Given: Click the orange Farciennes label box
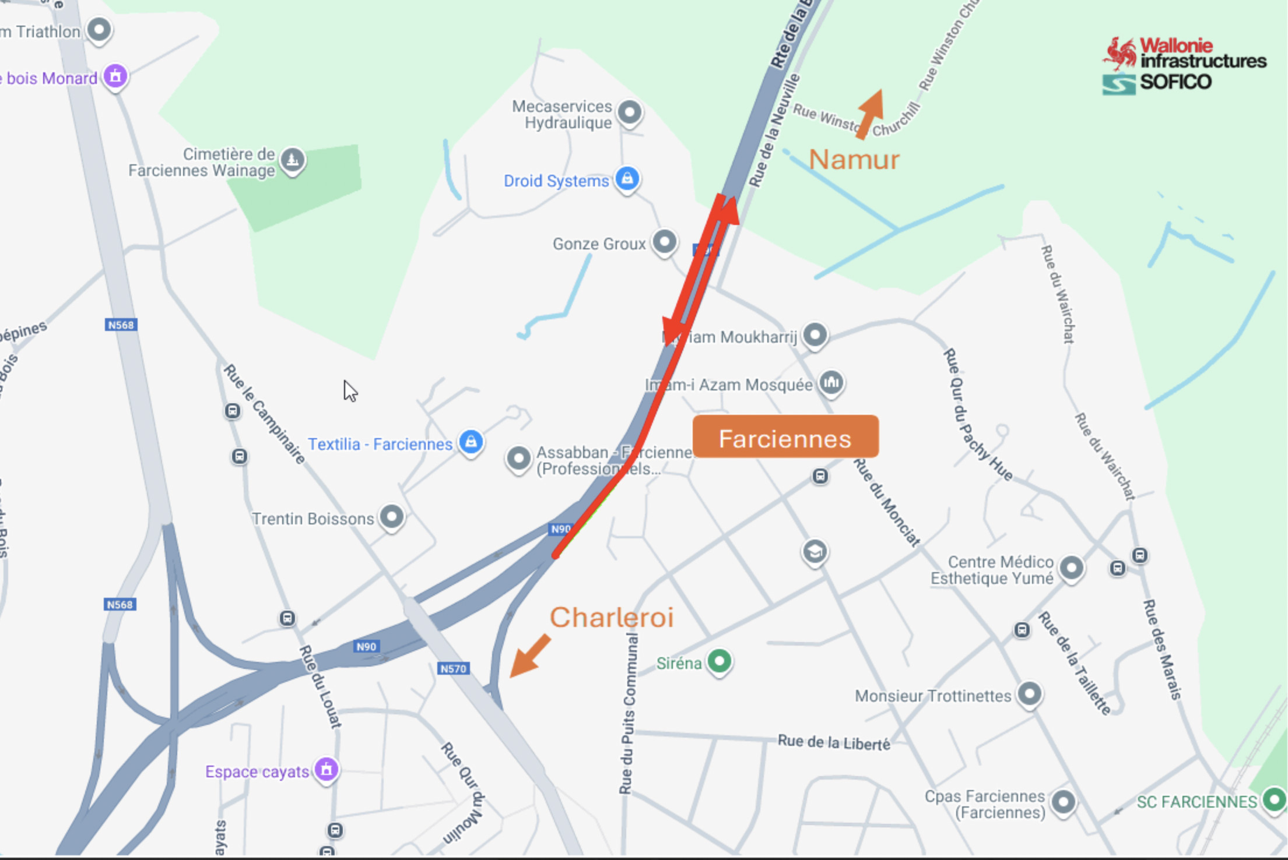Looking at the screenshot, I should tap(785, 437).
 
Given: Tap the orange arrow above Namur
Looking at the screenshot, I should tap(871, 114).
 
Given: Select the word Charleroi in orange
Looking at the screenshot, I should tap(611, 618).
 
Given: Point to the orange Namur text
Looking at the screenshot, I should tap(854, 160).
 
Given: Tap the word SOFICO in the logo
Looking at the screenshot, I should tap(1175, 82).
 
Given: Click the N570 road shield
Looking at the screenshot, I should tap(453, 668).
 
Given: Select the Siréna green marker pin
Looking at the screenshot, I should tap(720, 661).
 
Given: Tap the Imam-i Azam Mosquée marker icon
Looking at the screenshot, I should tap(831, 382).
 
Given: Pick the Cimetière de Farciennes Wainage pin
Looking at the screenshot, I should tap(292, 158).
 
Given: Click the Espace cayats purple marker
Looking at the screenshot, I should tap(327, 769).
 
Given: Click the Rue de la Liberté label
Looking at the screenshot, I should tap(834, 742).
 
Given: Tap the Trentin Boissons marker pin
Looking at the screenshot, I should tap(392, 516).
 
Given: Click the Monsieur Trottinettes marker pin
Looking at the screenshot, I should tap(1029, 693).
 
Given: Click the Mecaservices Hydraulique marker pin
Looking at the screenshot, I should tap(630, 111).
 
